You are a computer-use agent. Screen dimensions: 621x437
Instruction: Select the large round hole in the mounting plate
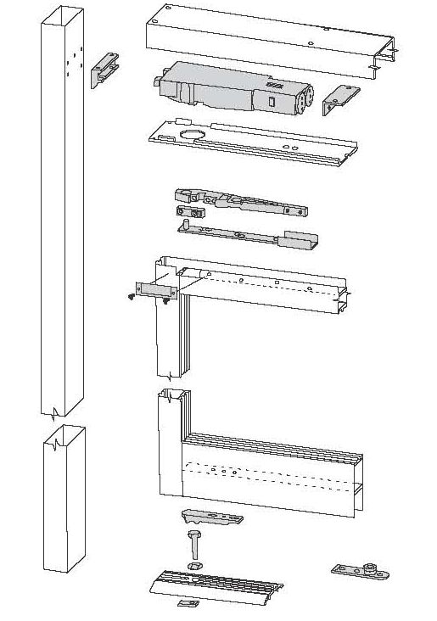tap(193, 134)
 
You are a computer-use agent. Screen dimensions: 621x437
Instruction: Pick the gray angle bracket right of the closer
tap(339, 99)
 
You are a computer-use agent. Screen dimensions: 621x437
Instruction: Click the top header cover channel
tap(263, 38)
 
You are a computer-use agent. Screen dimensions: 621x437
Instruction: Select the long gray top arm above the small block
tap(242, 202)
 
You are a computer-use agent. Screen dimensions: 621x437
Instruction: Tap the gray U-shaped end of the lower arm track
tap(302, 242)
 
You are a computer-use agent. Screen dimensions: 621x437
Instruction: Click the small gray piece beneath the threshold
tap(188, 604)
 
